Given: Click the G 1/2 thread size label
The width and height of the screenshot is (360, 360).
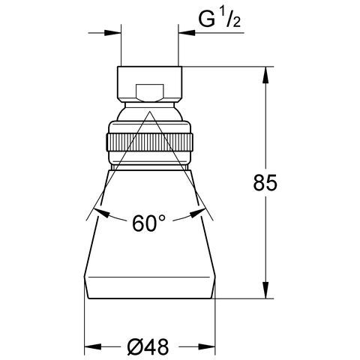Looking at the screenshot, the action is point(220,19).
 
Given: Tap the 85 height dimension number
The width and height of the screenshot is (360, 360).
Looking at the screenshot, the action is point(265,182).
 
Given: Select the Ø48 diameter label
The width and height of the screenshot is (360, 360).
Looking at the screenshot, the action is point(148,346).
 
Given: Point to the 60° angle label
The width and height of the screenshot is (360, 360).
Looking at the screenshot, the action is point(148,223).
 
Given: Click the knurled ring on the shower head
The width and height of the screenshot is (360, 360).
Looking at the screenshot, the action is point(150,142).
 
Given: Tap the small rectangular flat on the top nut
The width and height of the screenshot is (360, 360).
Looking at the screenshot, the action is point(150,93).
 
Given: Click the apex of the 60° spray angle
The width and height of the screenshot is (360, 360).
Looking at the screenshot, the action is point(150,112).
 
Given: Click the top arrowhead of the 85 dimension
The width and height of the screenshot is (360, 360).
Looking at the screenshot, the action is point(265,75).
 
